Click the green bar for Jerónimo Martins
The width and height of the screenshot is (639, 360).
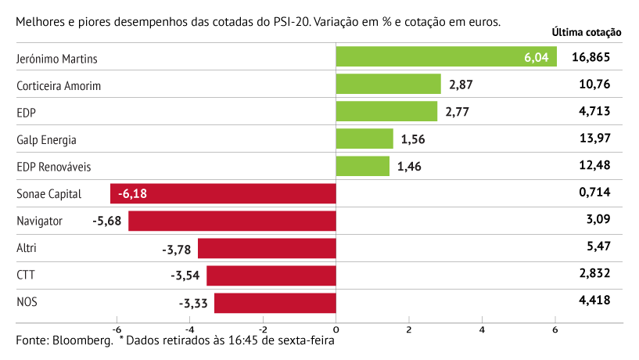click(446, 57)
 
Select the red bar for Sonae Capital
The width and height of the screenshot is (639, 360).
click(223, 193)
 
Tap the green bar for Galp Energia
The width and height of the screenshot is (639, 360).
click(364, 139)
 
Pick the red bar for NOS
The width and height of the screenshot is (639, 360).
click(275, 303)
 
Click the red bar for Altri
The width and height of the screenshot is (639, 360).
click(267, 248)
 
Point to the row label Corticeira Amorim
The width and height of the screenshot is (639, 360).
click(59, 85)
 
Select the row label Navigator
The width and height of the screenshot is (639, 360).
click(39, 221)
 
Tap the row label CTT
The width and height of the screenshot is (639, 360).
click(26, 275)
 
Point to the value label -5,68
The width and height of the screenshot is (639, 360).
click(106, 221)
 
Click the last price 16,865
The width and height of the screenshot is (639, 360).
click(591, 57)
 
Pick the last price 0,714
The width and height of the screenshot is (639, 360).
click(594, 193)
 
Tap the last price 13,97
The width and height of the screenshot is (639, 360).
click(594, 139)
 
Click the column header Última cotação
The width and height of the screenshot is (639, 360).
click(586, 33)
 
